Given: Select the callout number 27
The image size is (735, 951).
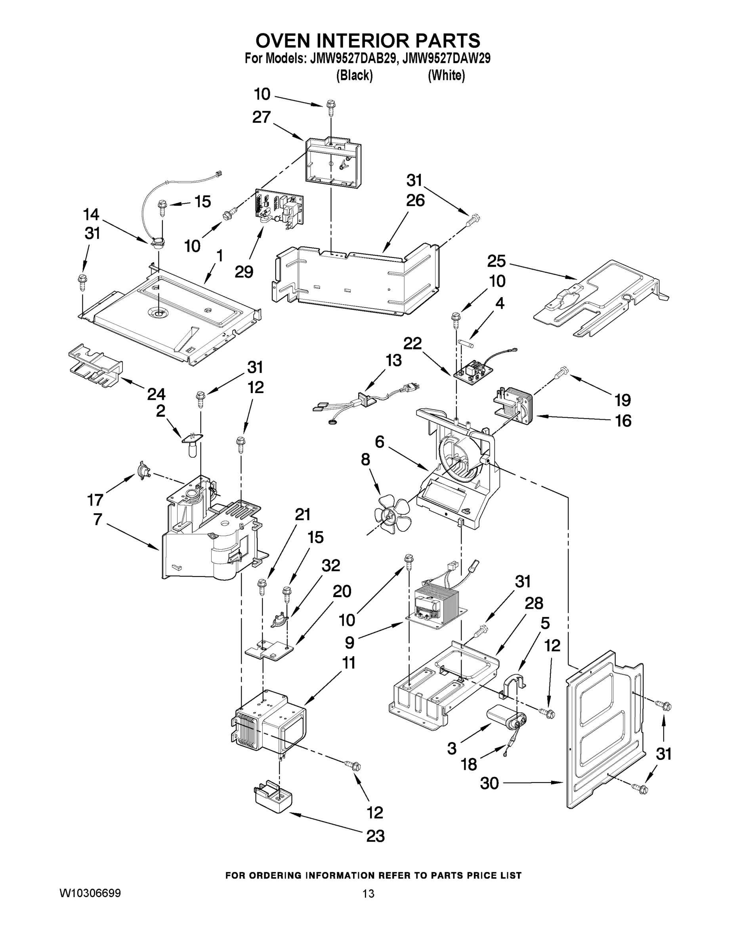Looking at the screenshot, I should click(261, 117).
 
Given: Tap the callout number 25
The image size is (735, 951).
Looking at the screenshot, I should click(496, 261).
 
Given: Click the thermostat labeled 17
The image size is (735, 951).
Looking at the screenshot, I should click(143, 470).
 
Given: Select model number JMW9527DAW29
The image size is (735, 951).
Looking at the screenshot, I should click(447, 59).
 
